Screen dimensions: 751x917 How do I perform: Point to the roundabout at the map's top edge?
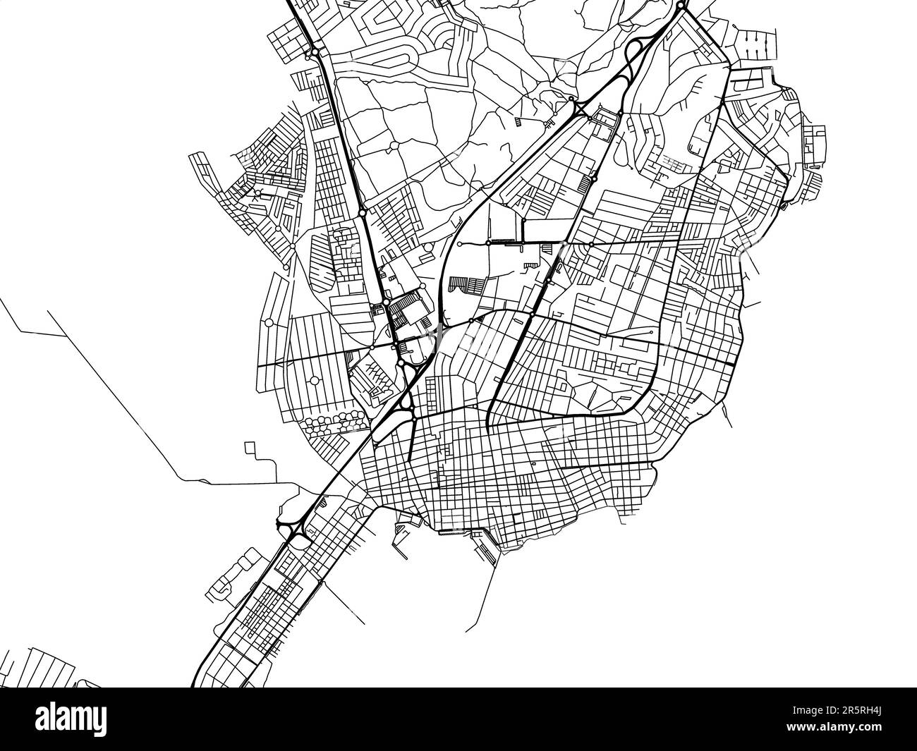[679, 5]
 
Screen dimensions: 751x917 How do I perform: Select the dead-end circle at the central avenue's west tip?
[459, 244]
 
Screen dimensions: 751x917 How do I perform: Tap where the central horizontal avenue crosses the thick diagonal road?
[564, 244]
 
